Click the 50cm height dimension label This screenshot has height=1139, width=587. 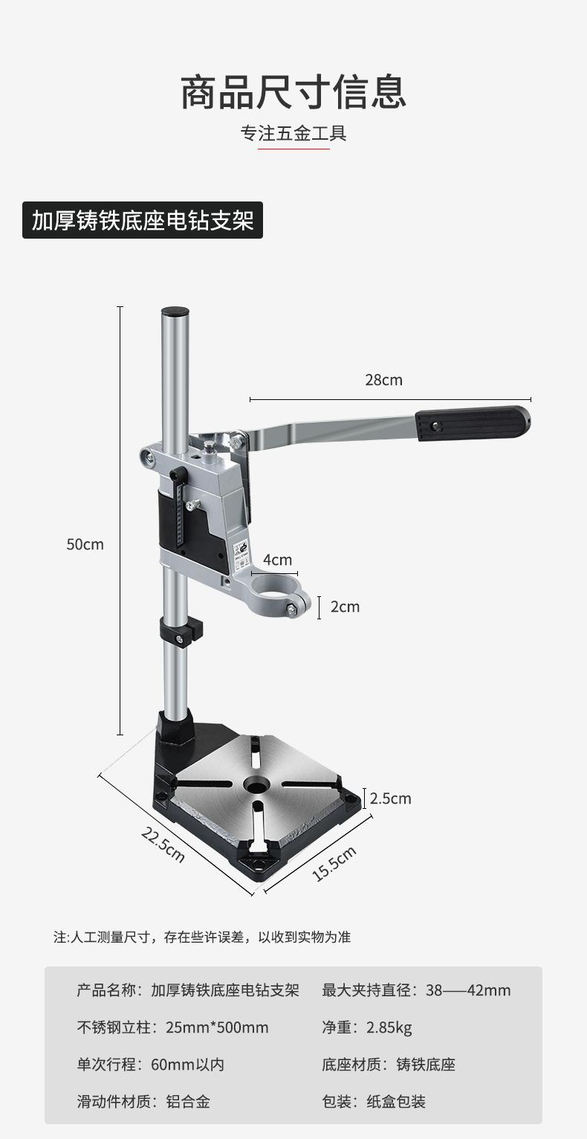coord(85,544)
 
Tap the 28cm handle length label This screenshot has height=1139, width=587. coord(383,380)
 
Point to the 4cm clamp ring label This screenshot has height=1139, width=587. coord(277,560)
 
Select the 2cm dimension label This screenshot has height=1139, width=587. coord(345,607)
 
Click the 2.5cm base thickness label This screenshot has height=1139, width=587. coord(390,798)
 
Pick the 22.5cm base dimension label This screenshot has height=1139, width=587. coord(163,845)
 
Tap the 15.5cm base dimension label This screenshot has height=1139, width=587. coord(334,863)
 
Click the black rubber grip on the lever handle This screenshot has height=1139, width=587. coord(473,423)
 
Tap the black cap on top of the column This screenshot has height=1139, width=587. coord(175,312)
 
